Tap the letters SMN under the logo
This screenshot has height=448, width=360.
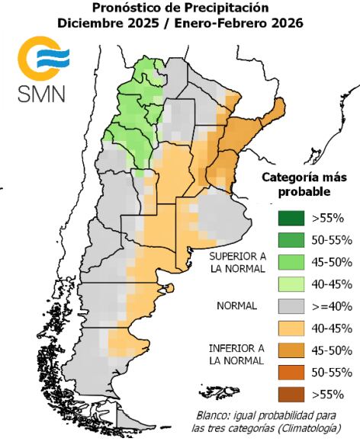[x=42, y=94]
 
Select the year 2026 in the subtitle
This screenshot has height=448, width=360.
[x=283, y=23]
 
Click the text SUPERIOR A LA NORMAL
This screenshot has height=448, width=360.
[x=239, y=262]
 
